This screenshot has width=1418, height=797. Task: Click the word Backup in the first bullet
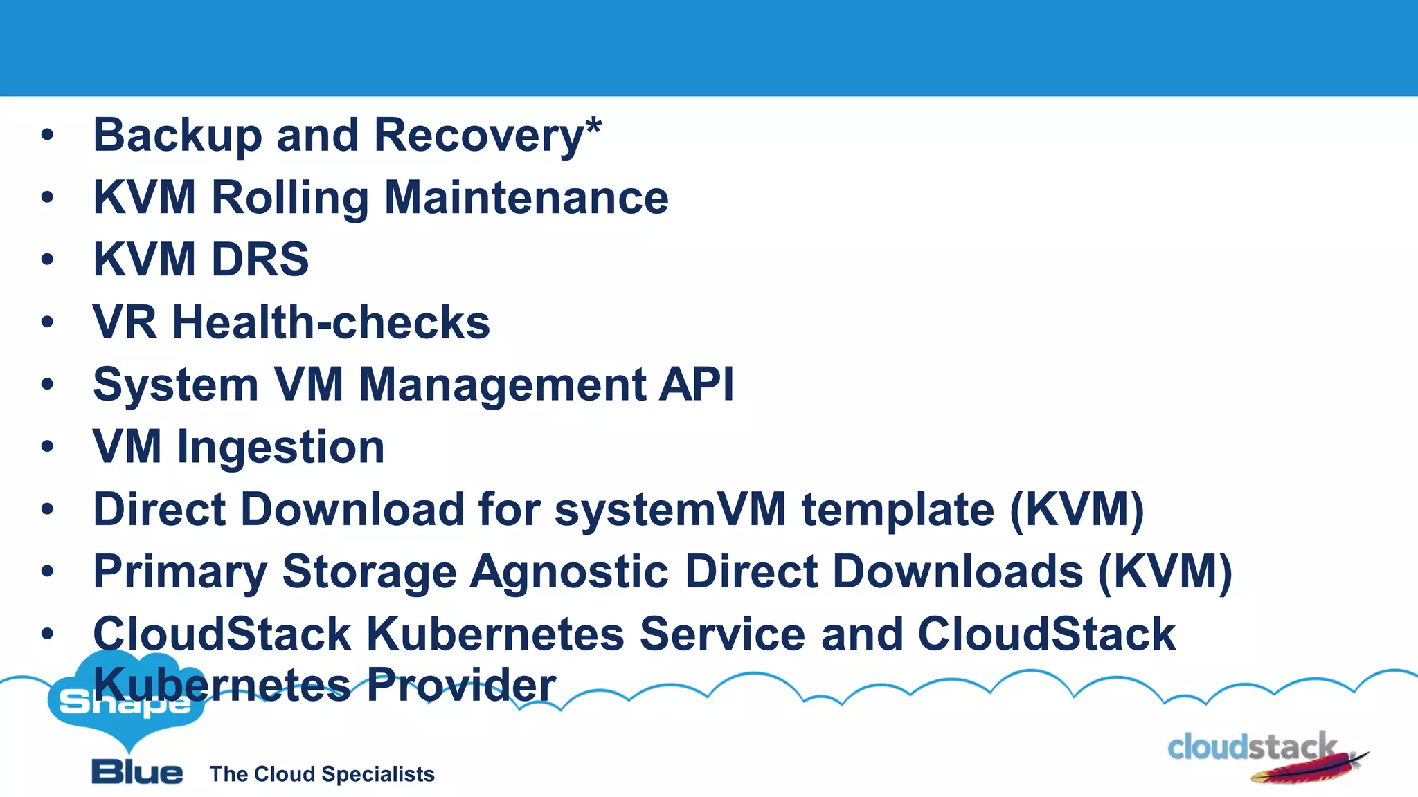(177, 136)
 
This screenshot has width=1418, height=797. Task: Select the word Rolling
(289, 199)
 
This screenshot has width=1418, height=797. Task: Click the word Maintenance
(526, 199)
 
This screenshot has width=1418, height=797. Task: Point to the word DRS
(260, 260)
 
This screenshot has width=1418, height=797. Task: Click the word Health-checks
(331, 323)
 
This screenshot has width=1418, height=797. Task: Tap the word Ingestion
(280, 448)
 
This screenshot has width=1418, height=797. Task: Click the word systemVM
(670, 510)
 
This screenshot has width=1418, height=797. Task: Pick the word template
(898, 510)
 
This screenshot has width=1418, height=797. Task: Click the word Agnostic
(569, 572)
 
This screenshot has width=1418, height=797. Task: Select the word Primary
(180, 572)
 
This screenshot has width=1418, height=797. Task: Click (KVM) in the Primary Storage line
(1165, 572)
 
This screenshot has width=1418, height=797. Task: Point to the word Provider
(461, 685)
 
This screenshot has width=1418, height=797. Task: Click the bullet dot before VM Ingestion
(47, 446)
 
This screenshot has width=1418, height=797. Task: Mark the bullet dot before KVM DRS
(47, 259)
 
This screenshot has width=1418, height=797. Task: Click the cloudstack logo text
(1250, 748)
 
